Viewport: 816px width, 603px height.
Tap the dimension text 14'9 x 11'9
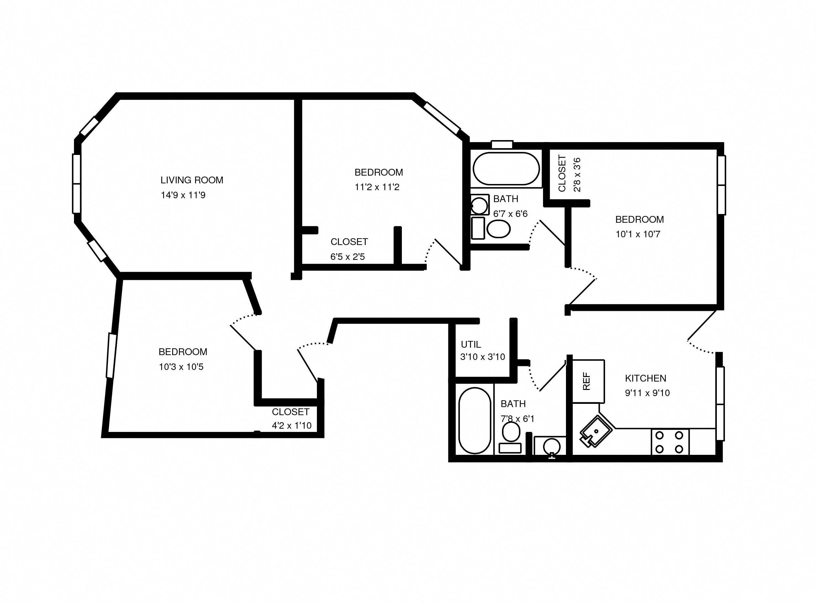coord(183,195)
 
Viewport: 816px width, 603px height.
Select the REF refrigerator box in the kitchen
coord(588,381)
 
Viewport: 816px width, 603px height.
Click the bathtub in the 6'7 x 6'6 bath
coord(506,169)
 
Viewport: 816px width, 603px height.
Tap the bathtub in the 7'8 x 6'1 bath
coord(475,421)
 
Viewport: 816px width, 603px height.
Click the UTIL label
coord(471,344)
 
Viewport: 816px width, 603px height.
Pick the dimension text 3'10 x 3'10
coord(482,357)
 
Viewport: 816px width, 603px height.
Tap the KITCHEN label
coord(645,378)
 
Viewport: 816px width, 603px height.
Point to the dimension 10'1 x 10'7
coord(638,234)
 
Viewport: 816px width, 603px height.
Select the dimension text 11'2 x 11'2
coord(377,187)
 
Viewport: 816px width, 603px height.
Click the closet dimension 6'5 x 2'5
coord(347,257)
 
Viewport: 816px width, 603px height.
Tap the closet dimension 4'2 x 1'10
coord(291,425)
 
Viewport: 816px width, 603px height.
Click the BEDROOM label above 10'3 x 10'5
coord(183,352)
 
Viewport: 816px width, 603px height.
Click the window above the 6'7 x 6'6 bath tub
coord(502,144)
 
